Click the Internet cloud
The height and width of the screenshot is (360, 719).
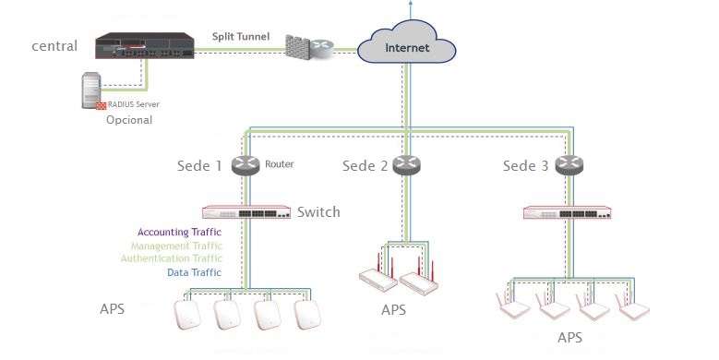(406, 44)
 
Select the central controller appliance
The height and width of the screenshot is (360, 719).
(145, 46)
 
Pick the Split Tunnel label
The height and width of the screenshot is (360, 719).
(241, 36)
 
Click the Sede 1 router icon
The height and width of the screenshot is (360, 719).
(246, 165)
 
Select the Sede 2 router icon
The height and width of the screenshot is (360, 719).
(406, 165)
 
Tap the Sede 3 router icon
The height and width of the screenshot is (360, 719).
(569, 165)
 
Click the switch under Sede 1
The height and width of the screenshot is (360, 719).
(246, 212)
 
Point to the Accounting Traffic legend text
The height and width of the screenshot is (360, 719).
(179, 232)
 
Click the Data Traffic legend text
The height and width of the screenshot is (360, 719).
(194, 273)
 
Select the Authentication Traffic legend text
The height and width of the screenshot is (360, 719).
(171, 259)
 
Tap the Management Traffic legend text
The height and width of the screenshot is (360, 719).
(175, 246)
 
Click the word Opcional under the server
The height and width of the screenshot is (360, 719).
(129, 121)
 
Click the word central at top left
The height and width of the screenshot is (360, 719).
(54, 45)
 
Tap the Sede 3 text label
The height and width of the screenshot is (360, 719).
(525, 166)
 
